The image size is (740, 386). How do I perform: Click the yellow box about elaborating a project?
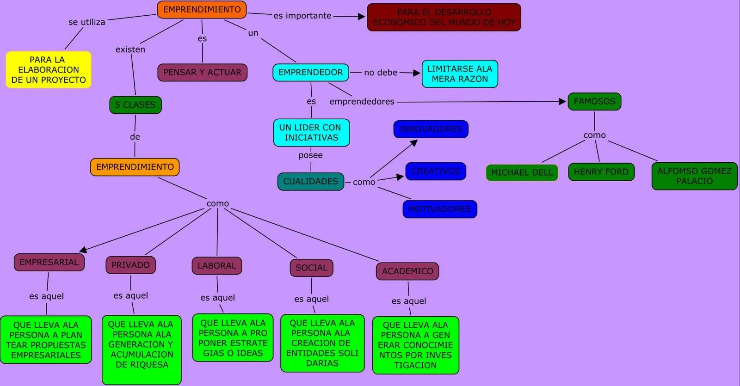[x=49, y=70]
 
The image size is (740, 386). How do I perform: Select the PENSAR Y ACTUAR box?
[x=202, y=73]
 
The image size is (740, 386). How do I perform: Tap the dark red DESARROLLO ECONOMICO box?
[x=444, y=18]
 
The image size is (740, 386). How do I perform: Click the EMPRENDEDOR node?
[x=311, y=73]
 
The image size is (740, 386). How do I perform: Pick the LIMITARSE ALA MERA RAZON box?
[x=460, y=74]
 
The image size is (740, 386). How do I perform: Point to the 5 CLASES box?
[x=136, y=105]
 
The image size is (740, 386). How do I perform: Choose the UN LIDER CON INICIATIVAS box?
[x=311, y=133]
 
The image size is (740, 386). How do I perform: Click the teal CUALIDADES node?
[x=311, y=182]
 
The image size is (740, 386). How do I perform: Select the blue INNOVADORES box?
[x=431, y=129]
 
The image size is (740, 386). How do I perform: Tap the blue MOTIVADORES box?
[x=439, y=209]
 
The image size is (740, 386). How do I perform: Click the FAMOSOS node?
[x=594, y=101]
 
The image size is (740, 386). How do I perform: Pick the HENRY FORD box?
[x=601, y=172]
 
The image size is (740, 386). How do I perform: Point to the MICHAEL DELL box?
[x=522, y=172]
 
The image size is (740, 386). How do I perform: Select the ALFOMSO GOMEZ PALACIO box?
[x=694, y=176]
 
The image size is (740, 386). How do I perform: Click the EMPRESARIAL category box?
[x=49, y=262]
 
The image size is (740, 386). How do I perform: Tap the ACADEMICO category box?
[x=407, y=271]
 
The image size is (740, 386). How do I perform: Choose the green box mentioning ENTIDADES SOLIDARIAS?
[x=322, y=343]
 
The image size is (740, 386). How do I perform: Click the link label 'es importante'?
[x=302, y=16]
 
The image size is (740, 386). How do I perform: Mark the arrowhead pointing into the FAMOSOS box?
[x=562, y=102]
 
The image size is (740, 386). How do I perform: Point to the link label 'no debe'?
[x=381, y=73]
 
